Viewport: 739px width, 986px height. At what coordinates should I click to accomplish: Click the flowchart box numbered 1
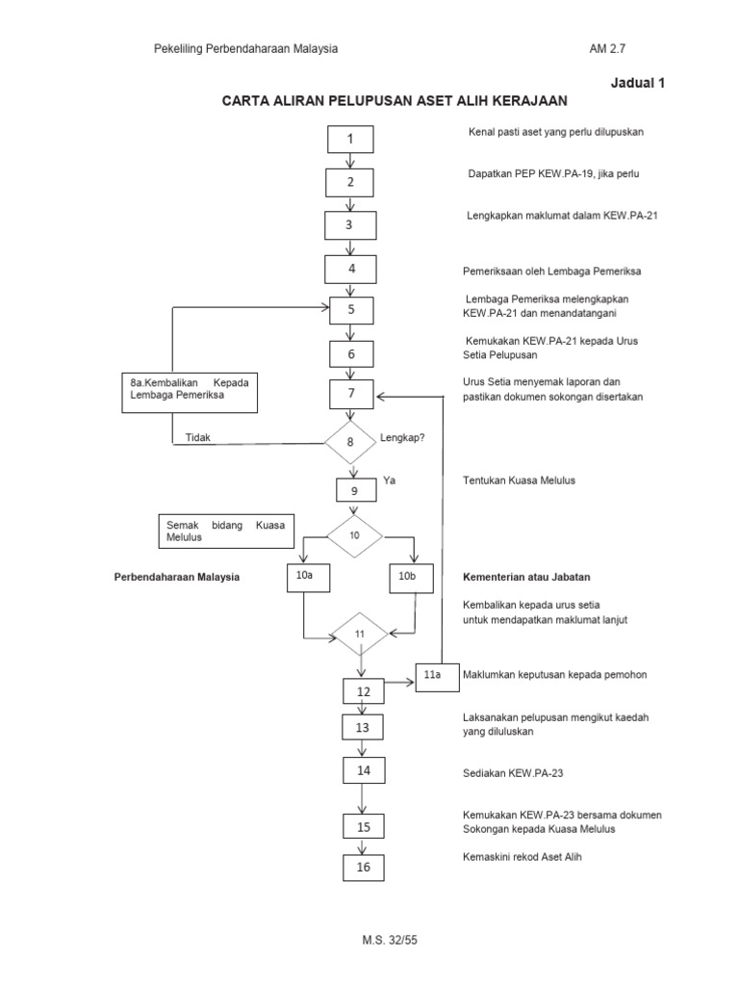(x=350, y=140)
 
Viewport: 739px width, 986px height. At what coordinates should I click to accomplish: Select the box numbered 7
(x=351, y=394)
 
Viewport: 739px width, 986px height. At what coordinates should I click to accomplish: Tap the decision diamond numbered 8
(x=350, y=443)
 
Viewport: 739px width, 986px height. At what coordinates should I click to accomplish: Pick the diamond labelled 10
(x=354, y=535)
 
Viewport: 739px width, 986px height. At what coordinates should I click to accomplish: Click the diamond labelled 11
(x=360, y=635)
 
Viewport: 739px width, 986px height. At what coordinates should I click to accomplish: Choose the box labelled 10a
(x=304, y=577)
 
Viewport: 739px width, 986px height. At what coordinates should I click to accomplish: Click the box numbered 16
(x=363, y=868)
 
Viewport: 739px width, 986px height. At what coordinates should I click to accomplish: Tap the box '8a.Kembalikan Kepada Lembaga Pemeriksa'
(x=190, y=390)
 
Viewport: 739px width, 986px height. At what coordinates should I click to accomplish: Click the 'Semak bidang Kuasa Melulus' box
(x=227, y=531)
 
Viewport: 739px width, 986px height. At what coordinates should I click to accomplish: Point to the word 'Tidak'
(x=197, y=437)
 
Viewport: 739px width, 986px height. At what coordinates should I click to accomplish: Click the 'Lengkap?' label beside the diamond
(x=403, y=436)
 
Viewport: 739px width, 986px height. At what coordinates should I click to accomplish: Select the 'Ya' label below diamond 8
(x=390, y=480)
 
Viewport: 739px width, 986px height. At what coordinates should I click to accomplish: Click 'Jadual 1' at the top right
(x=638, y=83)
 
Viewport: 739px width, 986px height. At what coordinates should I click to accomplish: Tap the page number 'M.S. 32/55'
(x=369, y=939)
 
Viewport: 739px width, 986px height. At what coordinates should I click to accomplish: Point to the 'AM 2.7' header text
(x=613, y=48)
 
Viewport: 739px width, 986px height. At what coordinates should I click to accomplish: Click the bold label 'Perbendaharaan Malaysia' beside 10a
(x=176, y=578)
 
